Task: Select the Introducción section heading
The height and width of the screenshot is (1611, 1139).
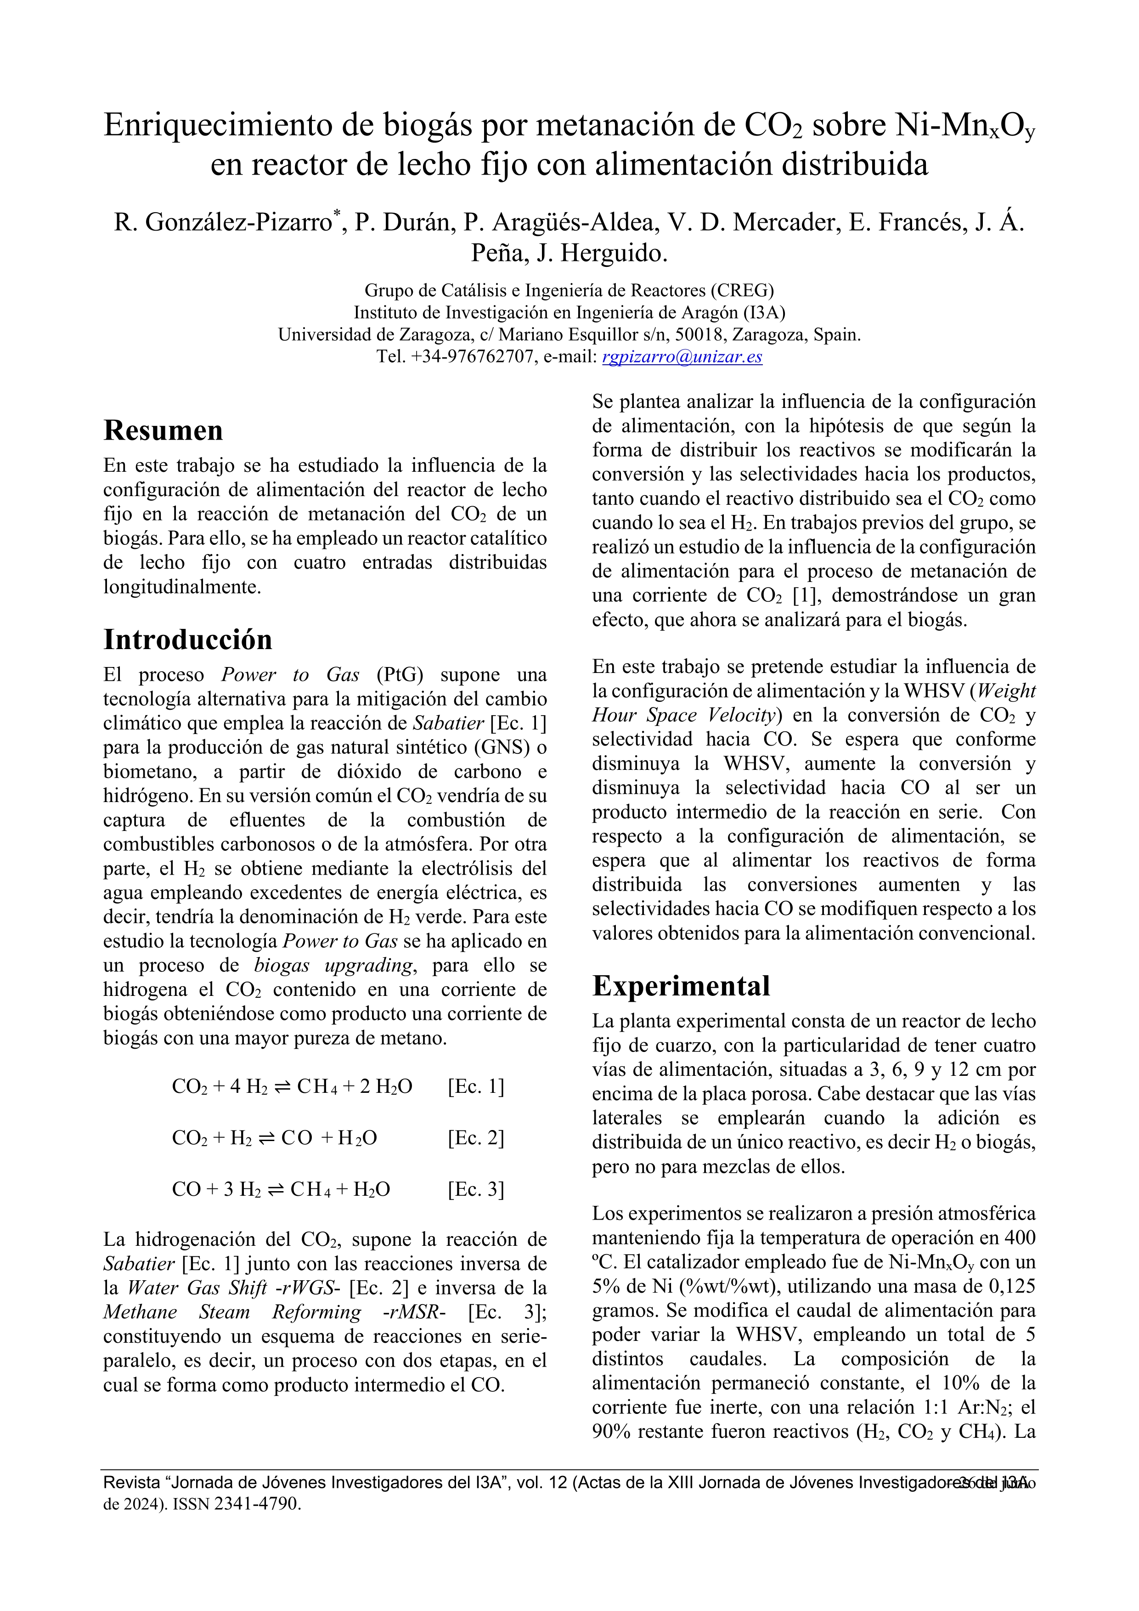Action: (x=187, y=639)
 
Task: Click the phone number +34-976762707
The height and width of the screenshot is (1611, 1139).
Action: (x=472, y=356)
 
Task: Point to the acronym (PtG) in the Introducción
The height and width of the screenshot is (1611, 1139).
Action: (x=400, y=674)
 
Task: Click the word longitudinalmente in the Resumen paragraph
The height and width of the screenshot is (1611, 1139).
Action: (x=182, y=587)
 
